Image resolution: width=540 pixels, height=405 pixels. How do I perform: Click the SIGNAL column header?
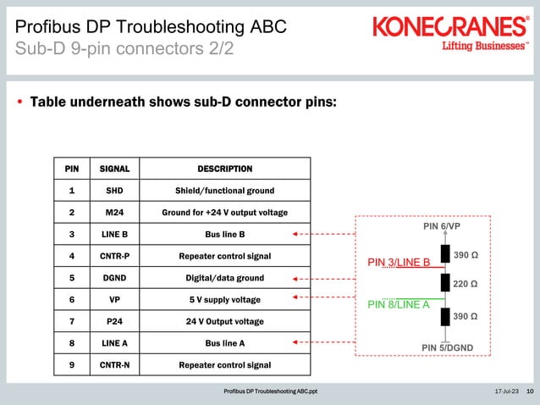(114, 169)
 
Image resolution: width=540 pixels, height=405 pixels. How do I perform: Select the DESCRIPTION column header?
(224, 169)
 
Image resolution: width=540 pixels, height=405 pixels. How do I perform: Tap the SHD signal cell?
(114, 191)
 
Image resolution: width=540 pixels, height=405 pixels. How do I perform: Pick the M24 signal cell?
(114, 213)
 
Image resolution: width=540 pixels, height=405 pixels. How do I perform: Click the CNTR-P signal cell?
(114, 255)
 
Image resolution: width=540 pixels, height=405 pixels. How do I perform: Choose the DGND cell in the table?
(114, 277)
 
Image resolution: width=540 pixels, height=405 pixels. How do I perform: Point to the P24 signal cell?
(114, 321)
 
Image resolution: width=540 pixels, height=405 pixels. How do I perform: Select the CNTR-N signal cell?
(114, 365)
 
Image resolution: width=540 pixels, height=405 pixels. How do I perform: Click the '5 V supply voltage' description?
(224, 299)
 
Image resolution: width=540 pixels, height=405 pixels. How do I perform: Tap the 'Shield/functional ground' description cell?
(224, 191)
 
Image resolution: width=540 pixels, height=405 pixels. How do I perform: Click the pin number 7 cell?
(72, 321)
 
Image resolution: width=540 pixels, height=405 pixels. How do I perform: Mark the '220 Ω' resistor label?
(466, 284)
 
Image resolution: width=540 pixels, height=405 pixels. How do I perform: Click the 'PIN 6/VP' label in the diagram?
(441, 227)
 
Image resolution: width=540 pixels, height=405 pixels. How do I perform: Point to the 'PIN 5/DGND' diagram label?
(447, 347)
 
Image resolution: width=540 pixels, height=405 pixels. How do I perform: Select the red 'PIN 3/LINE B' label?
(399, 262)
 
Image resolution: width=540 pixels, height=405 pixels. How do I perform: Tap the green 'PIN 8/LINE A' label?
(398, 305)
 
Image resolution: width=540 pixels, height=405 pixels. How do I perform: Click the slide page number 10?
(530, 391)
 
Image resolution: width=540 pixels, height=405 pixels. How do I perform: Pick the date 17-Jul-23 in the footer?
(505, 391)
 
